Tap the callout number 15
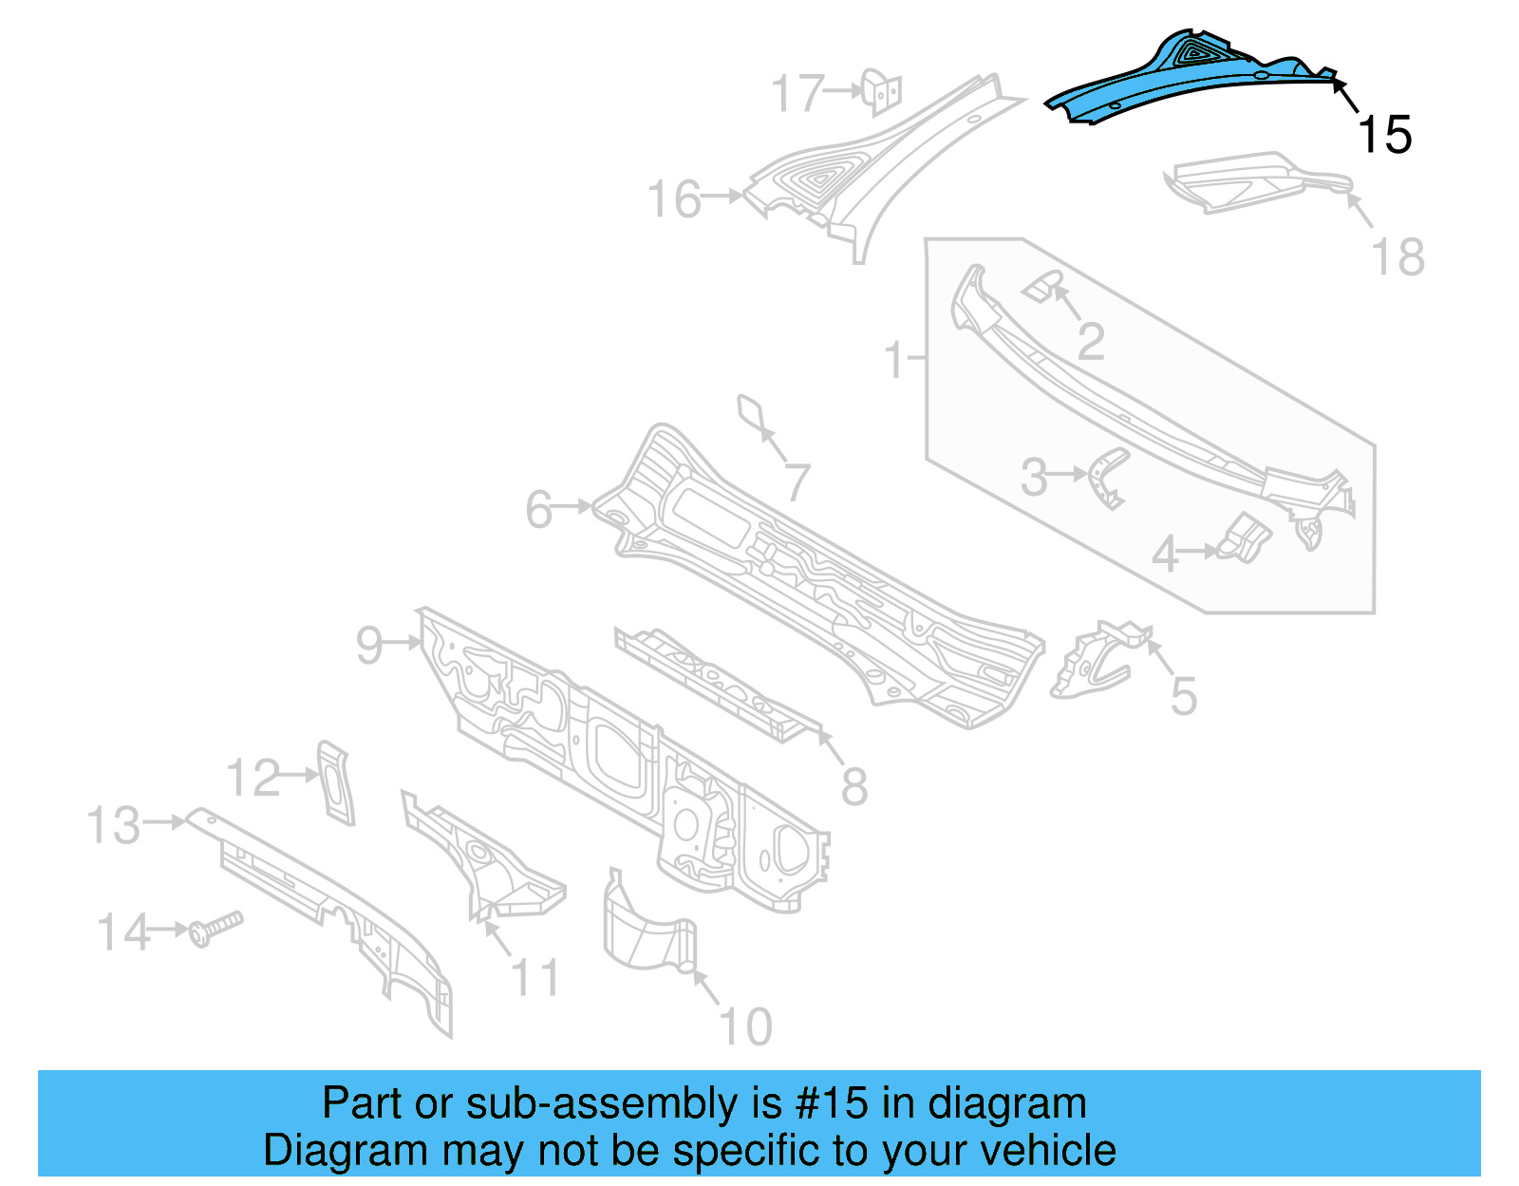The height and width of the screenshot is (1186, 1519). tap(1385, 135)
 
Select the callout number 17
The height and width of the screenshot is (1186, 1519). tap(797, 94)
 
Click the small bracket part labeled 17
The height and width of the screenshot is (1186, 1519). tap(883, 92)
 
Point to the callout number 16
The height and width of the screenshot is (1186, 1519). tap(674, 200)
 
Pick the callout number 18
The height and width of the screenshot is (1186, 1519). tap(1398, 257)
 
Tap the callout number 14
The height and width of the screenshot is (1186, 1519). tap(123, 932)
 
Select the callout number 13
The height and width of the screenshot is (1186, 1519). tap(114, 825)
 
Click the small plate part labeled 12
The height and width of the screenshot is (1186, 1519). tap(335, 782)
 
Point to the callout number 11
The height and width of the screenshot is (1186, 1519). tap(535, 977)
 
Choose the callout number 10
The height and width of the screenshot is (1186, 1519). tap(746, 1026)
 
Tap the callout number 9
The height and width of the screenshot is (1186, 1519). tap(369, 645)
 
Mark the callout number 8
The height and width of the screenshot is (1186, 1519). tap(854, 786)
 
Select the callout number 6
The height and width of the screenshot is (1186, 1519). tap(539, 510)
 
